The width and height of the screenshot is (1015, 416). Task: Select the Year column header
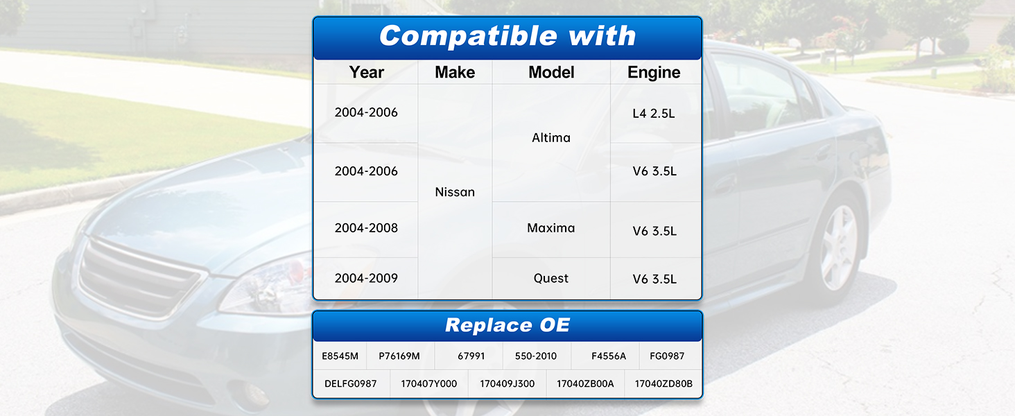tap(366, 73)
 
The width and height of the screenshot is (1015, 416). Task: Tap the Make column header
tap(455, 73)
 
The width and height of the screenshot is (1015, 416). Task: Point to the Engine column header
tap(654, 73)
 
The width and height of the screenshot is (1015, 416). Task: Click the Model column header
tap(551, 73)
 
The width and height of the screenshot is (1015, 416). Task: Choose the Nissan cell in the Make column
tap(455, 192)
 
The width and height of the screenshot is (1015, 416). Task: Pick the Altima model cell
tap(551, 138)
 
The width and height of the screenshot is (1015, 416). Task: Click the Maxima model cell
tap(551, 228)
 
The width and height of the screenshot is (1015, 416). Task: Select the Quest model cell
tap(551, 278)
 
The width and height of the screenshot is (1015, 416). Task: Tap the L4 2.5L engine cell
tap(654, 113)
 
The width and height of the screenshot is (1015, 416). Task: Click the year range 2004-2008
tap(366, 228)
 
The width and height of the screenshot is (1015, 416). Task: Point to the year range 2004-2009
tap(366, 278)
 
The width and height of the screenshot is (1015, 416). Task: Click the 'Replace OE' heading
tap(507, 325)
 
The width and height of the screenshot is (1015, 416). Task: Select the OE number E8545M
tap(340, 356)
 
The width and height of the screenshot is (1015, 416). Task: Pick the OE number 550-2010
tap(536, 356)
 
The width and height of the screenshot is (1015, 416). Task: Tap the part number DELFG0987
tap(351, 384)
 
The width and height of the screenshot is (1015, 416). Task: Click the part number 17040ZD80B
tap(663, 384)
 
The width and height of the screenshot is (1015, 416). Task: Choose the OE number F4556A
tap(609, 356)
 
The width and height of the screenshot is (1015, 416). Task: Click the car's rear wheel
tap(838, 247)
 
